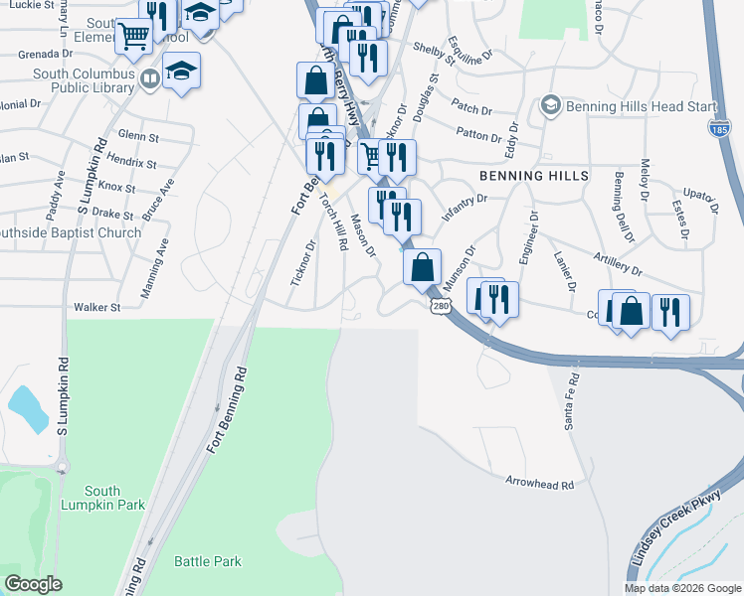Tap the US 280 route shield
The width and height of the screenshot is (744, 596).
441,306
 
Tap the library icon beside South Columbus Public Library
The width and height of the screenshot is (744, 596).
150,78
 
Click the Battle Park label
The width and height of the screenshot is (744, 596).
208,561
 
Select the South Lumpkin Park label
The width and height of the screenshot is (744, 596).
115,498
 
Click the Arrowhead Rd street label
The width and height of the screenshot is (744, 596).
540,485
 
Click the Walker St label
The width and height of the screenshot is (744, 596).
96,308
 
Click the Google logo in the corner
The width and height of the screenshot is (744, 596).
32,584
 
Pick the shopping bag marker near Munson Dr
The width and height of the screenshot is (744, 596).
422,265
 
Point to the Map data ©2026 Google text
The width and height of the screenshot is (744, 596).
681,588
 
